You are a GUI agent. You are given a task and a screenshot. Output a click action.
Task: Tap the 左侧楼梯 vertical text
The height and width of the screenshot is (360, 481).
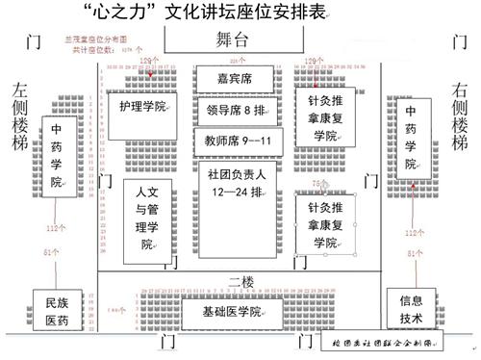click(x=20, y=118)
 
